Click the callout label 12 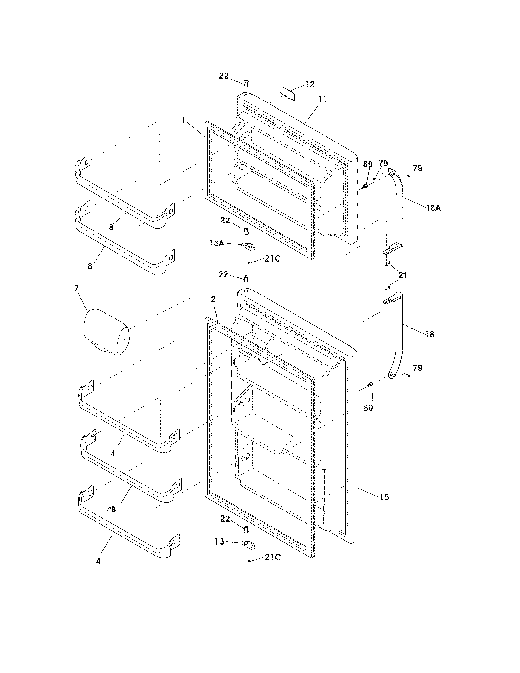pos(310,84)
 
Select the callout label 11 pos(322,99)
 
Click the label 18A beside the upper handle pos(434,208)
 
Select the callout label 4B pos(111,510)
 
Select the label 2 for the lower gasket pos(213,299)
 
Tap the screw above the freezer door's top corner pos(246,82)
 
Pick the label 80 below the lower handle pos(368,408)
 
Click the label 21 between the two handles pos(403,275)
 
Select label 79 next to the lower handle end pos(418,368)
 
